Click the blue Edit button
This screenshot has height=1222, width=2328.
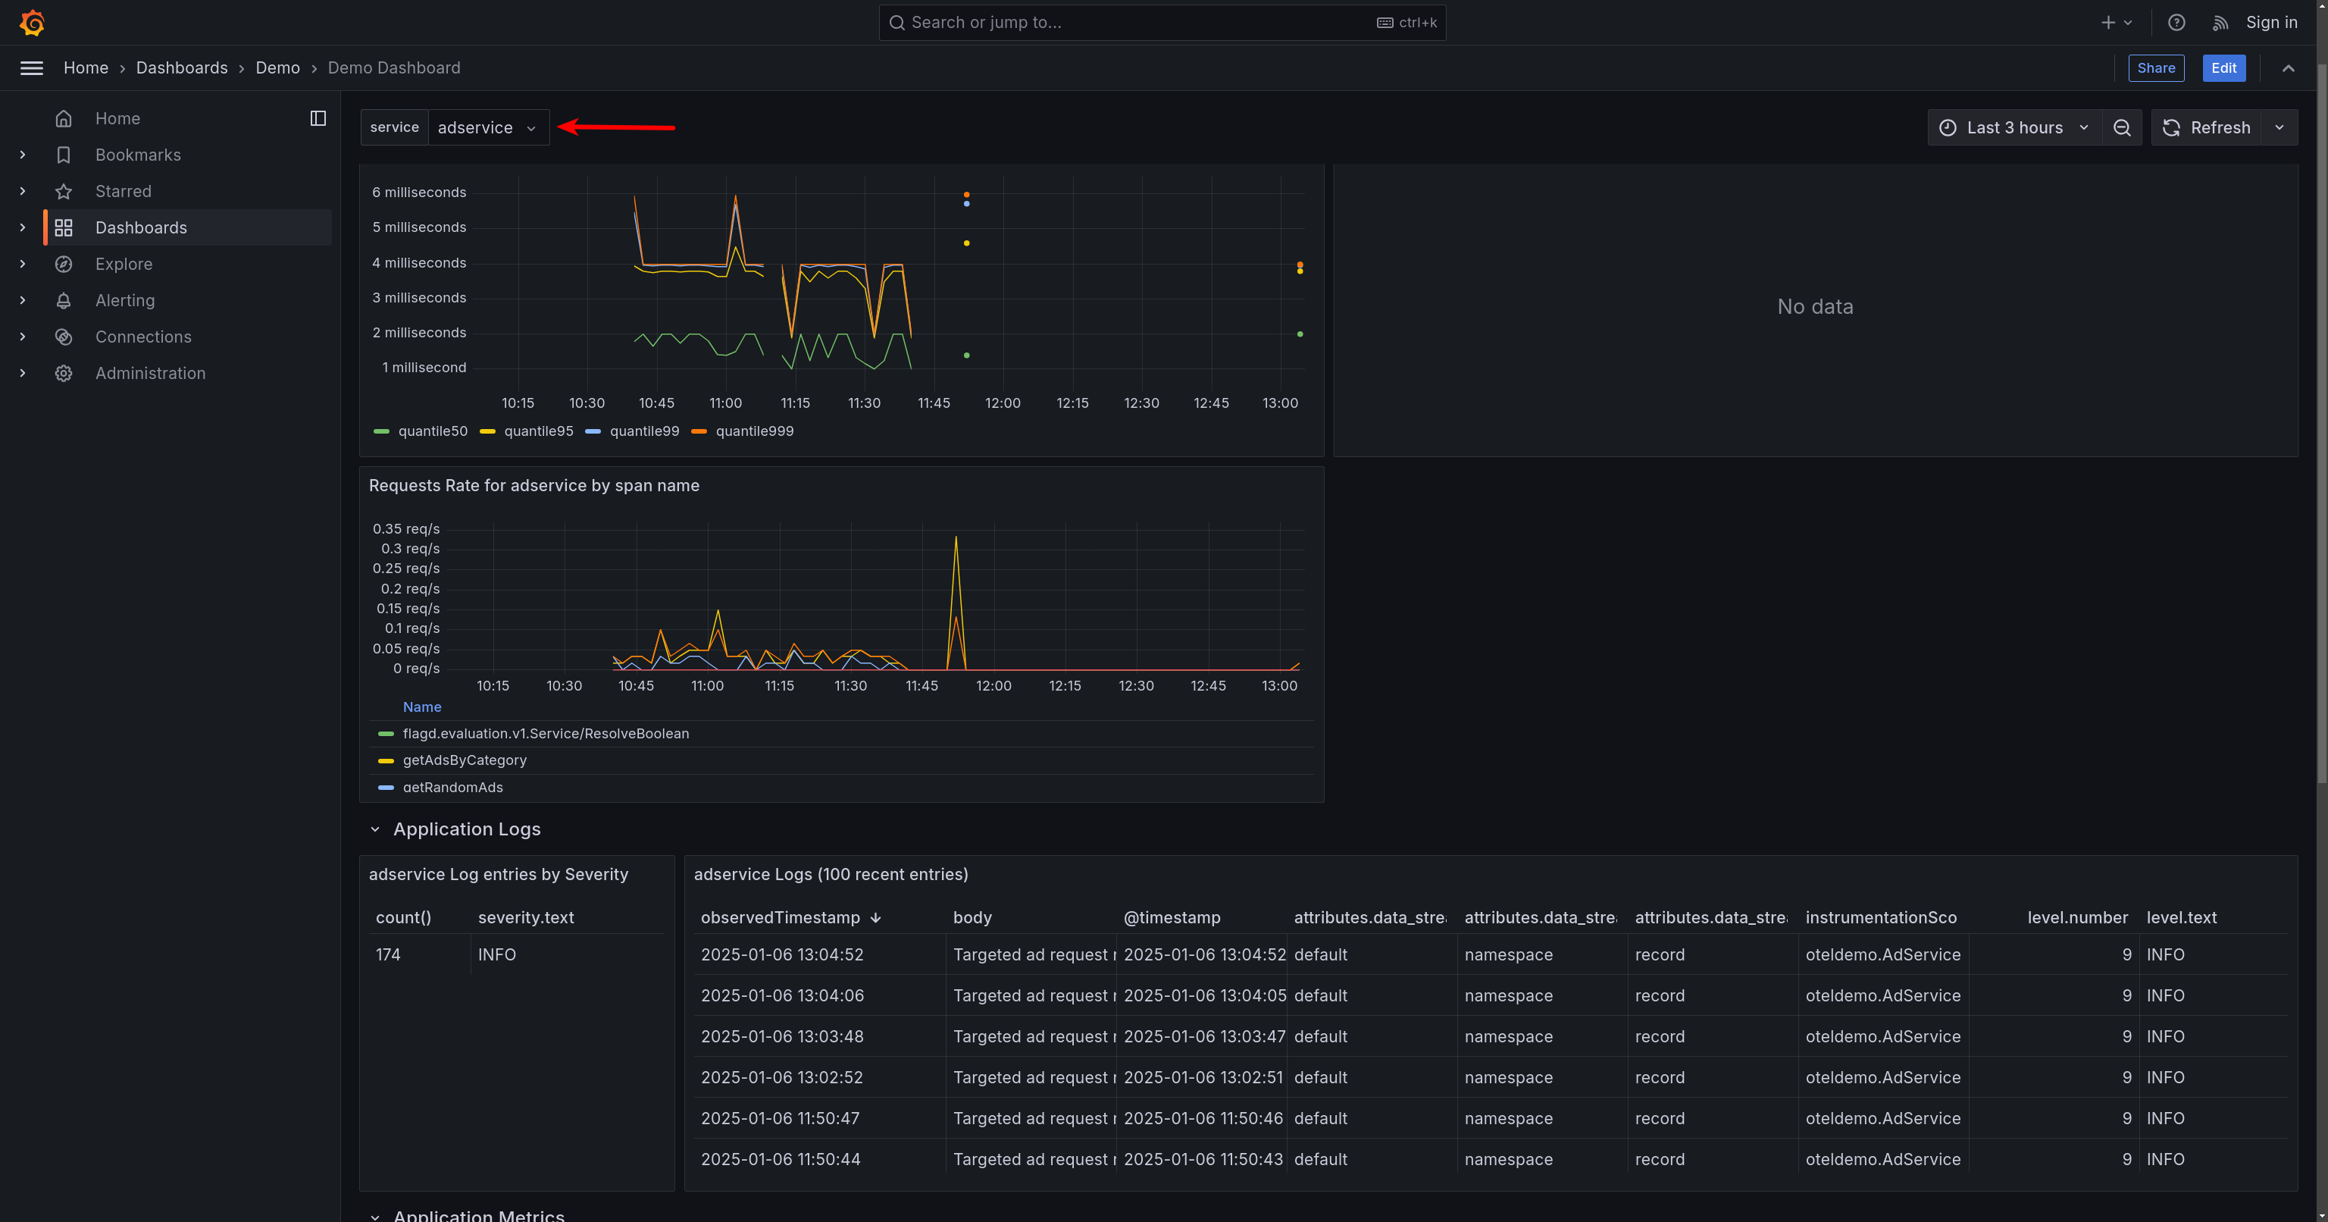2223,67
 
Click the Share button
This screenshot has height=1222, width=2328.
2155,67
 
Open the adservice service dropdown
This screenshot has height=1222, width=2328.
487,127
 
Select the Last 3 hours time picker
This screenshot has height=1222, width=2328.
2014,127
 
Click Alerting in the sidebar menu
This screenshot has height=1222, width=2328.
125,300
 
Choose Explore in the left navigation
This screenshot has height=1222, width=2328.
124,264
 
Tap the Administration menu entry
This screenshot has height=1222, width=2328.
150,373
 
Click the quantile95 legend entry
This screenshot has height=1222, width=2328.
538,431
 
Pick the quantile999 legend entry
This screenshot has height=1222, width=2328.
754,431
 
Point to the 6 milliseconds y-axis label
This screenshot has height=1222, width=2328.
418,193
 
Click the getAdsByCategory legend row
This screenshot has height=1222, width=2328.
465,760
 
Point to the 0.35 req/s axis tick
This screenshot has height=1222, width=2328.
405,529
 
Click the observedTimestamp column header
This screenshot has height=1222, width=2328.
780,917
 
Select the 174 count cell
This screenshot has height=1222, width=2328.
389,954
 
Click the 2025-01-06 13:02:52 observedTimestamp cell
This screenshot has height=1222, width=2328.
782,1077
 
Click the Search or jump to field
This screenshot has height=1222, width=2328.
1139,23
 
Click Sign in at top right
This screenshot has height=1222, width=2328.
2271,23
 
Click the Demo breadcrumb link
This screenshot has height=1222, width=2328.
277,67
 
